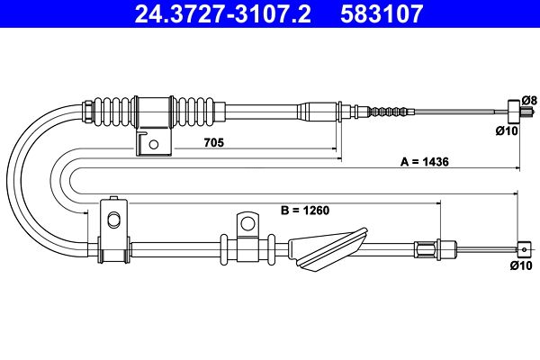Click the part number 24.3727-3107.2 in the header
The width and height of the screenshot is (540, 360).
[x=223, y=13]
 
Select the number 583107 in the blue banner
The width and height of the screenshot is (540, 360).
[x=382, y=13]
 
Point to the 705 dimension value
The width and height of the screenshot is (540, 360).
[x=214, y=142]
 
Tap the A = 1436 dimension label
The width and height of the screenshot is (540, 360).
[x=424, y=162]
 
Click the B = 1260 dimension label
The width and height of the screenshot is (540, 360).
[x=305, y=210]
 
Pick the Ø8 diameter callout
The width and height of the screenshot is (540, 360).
[x=529, y=100]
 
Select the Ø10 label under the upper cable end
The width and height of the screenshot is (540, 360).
[x=507, y=130]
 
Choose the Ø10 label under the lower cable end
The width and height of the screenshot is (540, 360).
[x=521, y=265]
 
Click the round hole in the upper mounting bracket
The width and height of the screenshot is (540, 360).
[x=154, y=144]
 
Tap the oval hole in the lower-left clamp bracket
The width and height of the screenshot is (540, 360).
[x=113, y=219]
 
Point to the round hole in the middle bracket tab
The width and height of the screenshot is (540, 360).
[x=247, y=223]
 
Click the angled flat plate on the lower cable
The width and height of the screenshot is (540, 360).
[x=327, y=249]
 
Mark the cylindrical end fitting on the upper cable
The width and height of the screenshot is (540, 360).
[x=514, y=112]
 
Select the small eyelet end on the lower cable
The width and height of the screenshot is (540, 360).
[x=524, y=249]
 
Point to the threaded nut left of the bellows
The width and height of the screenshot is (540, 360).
[x=87, y=111]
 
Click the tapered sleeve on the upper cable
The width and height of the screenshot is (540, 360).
[x=317, y=112]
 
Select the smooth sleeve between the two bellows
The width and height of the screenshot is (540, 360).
[x=154, y=111]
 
